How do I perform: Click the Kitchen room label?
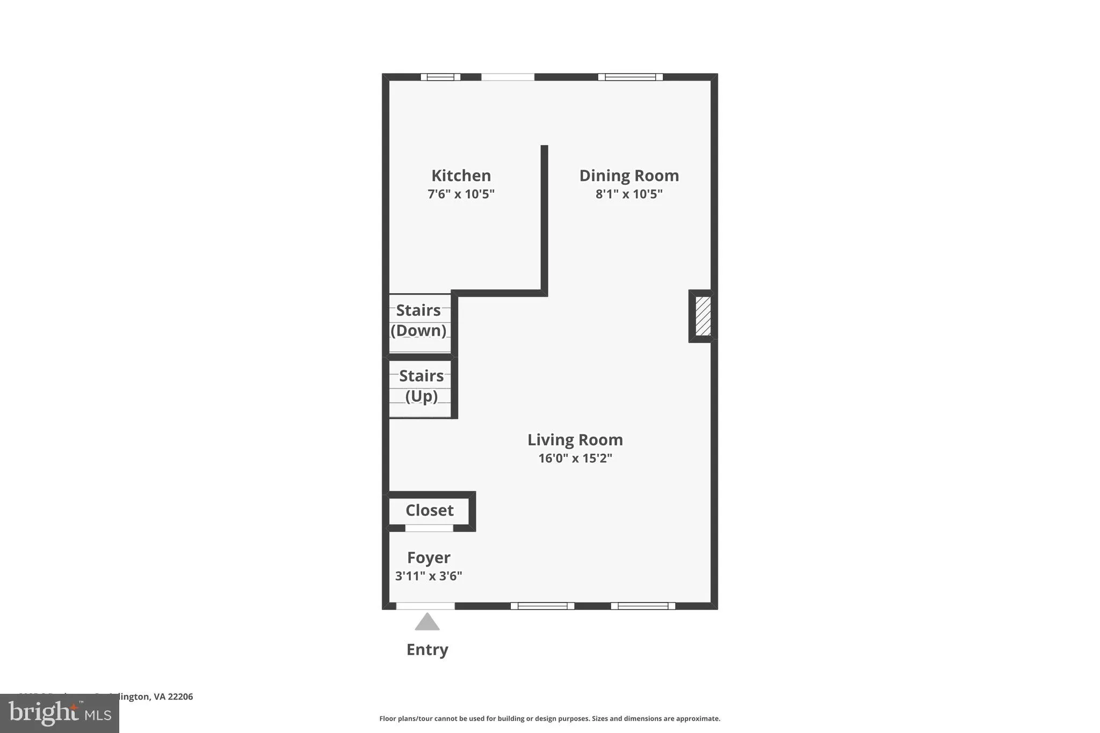click(x=461, y=176)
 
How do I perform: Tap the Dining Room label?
click(x=629, y=176)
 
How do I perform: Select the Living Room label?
click(x=575, y=440)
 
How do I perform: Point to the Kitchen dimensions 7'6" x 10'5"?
click(x=461, y=194)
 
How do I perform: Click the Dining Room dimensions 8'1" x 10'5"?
click(x=629, y=194)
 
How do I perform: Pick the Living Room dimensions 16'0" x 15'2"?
click(x=575, y=458)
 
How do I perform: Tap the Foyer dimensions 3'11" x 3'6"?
click(x=429, y=576)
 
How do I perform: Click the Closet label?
click(x=429, y=510)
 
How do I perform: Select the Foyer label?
click(x=429, y=557)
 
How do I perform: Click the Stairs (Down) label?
click(x=418, y=320)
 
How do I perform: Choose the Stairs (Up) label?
click(x=421, y=386)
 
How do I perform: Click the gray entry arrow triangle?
click(x=427, y=622)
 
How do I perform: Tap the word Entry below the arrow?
click(x=427, y=650)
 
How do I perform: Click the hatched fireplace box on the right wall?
click(x=703, y=316)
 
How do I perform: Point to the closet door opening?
click(x=429, y=528)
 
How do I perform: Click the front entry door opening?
click(x=425, y=606)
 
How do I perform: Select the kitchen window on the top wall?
click(x=440, y=77)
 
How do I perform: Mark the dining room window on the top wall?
click(x=630, y=77)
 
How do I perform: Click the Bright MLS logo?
click(x=60, y=713)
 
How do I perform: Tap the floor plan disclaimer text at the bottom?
click(x=549, y=719)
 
